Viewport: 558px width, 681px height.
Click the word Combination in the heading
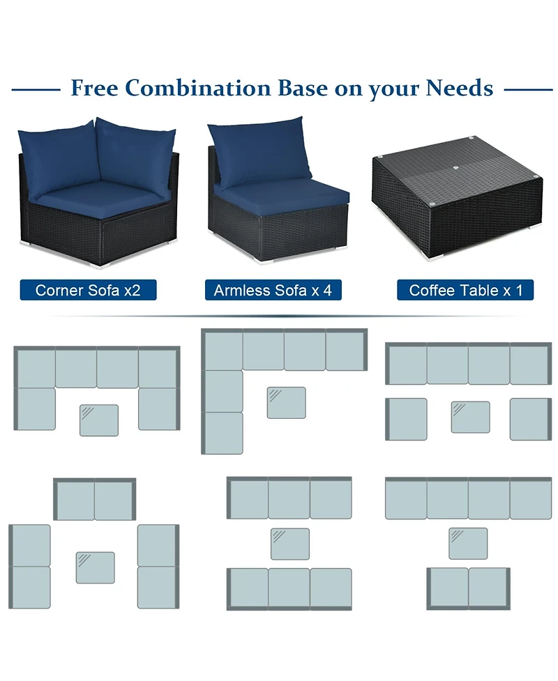(x=198, y=88)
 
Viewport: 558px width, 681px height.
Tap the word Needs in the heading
(x=460, y=88)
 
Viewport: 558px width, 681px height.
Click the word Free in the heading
(x=94, y=88)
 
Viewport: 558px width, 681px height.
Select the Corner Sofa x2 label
(x=88, y=290)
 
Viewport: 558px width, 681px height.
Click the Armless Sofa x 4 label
(x=273, y=290)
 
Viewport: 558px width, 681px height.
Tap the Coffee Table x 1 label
(x=465, y=290)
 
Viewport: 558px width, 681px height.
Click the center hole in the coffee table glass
(x=455, y=167)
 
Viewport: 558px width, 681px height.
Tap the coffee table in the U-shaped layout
(x=99, y=420)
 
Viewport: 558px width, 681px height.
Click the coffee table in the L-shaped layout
(x=287, y=403)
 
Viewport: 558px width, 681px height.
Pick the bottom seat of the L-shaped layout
(x=223, y=434)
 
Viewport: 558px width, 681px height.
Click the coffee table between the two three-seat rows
(x=290, y=544)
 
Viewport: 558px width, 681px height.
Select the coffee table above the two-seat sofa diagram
(x=468, y=543)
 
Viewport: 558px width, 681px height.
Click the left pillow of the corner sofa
(x=56, y=158)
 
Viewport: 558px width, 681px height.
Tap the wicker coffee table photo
(x=457, y=199)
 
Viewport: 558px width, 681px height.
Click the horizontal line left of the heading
(x=36, y=90)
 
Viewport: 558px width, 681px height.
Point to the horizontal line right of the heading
(x=529, y=90)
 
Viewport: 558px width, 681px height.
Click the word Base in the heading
(x=303, y=88)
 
